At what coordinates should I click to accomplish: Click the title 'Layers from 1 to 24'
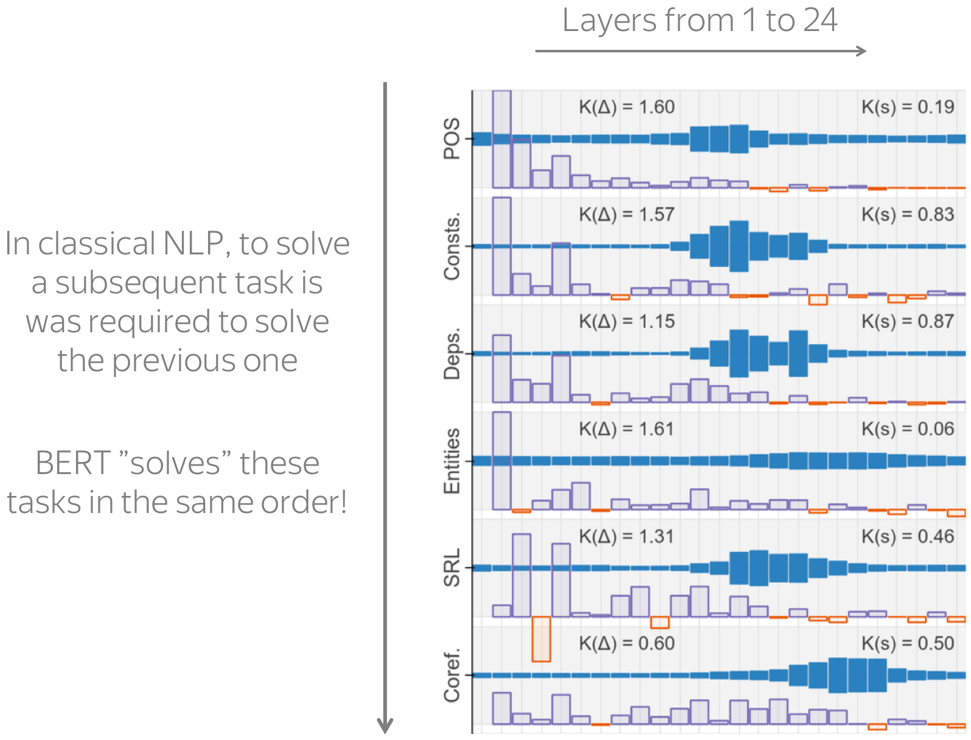[x=700, y=21]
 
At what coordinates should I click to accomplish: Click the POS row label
[x=451, y=139]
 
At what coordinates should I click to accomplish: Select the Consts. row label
[x=451, y=246]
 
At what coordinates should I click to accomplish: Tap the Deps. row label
[x=451, y=354]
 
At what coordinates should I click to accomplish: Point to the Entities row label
[x=451, y=461]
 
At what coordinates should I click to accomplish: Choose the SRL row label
[x=451, y=568]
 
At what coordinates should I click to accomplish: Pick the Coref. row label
[x=451, y=675]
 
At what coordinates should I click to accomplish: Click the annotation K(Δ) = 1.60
[x=627, y=107]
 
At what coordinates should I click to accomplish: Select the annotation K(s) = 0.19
[x=908, y=107]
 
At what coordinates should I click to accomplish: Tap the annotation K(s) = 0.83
[x=908, y=215]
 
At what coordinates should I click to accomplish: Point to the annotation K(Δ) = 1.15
[x=627, y=321]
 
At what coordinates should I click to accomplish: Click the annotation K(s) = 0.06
[x=908, y=429]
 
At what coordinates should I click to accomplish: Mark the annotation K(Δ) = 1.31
[x=627, y=537]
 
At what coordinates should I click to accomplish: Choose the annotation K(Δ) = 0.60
[x=627, y=644]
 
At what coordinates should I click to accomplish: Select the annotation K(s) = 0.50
[x=908, y=644]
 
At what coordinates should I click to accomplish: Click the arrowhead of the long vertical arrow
[x=385, y=726]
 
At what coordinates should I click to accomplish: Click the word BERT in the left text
[x=73, y=463]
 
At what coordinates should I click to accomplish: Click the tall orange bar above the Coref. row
[x=541, y=639]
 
